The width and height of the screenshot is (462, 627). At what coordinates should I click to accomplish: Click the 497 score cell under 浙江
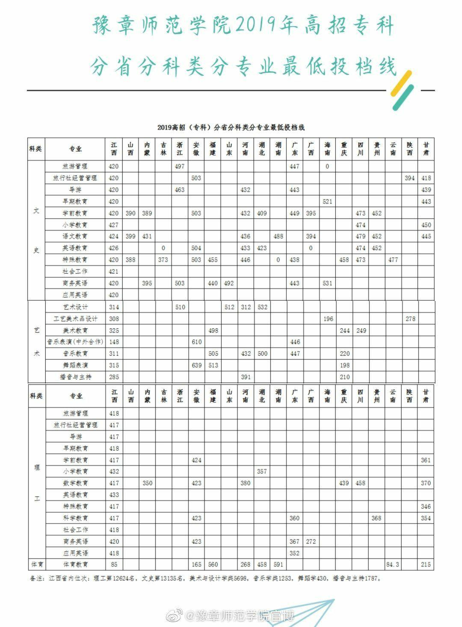click(180, 166)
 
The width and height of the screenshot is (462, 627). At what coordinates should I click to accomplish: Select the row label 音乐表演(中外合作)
click(75, 342)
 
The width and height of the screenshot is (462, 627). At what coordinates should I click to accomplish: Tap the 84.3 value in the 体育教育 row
click(392, 565)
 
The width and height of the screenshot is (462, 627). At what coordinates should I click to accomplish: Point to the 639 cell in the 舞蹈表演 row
click(196, 365)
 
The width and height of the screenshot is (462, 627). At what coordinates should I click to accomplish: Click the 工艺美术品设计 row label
click(75, 319)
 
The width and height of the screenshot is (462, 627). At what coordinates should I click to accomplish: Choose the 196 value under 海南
click(327, 319)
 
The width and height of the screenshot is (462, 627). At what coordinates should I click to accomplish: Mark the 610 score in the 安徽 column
click(196, 342)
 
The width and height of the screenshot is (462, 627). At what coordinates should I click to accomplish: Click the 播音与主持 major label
click(75, 377)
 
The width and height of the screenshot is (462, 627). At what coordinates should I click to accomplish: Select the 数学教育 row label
click(75, 483)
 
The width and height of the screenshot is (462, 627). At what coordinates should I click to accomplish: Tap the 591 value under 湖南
click(278, 565)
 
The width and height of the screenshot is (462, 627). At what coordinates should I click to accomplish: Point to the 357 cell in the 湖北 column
click(262, 471)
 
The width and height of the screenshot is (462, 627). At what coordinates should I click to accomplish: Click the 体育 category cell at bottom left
click(36, 565)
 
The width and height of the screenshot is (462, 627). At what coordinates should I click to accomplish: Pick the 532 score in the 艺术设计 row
click(262, 307)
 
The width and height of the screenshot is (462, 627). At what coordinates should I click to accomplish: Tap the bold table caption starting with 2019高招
click(231, 127)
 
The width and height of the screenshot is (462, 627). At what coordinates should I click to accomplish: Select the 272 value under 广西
click(311, 542)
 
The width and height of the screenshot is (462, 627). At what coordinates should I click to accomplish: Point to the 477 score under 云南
click(393, 260)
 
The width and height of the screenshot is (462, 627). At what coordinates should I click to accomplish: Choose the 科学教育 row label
click(75, 518)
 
